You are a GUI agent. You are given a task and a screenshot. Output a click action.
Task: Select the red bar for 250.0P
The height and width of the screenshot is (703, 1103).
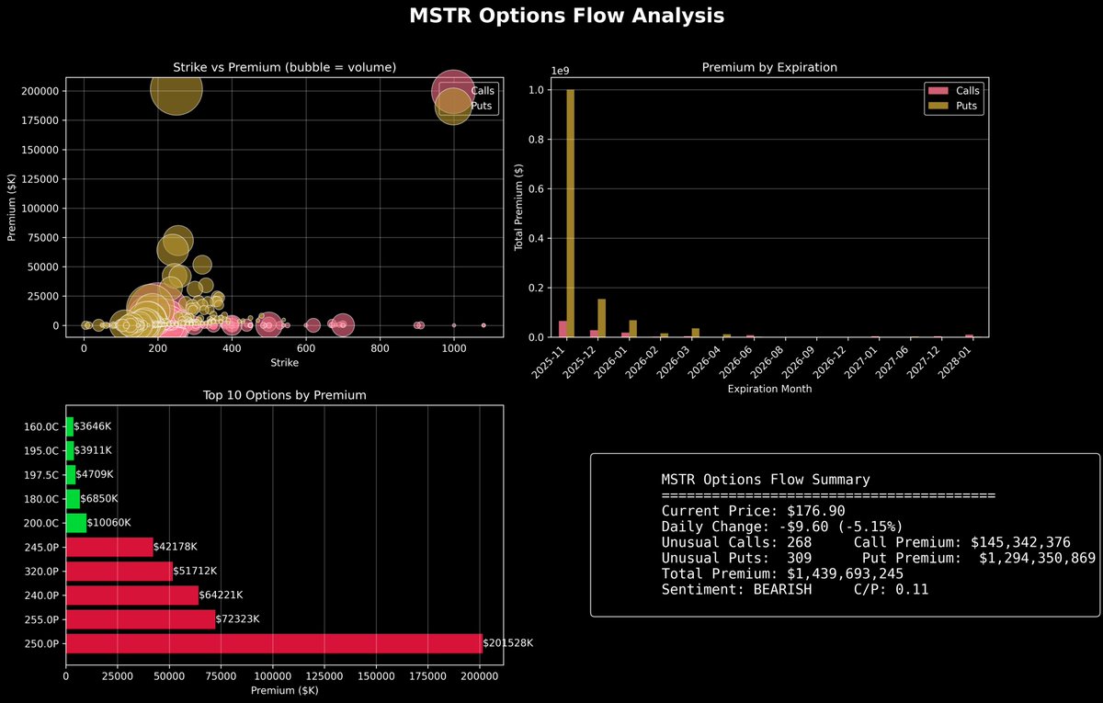273,643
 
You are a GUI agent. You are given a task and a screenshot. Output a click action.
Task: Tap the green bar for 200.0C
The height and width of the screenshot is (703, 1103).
76,523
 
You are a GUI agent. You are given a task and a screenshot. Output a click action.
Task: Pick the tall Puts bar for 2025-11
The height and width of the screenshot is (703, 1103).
571,213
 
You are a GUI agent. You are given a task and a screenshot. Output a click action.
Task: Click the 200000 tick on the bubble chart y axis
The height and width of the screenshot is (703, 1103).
39,91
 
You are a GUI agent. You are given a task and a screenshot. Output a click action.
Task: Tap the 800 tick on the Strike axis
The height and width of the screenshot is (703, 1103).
380,350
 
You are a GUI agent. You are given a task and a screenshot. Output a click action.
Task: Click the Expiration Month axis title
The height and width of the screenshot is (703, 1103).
769,389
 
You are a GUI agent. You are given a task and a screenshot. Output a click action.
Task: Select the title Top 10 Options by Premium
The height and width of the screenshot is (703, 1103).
284,395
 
